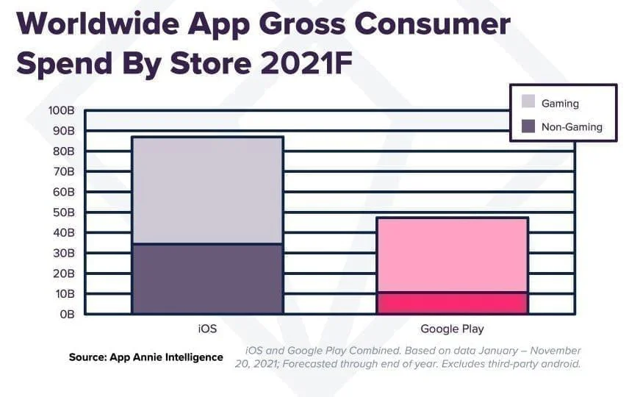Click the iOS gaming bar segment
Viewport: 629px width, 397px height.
[x=207, y=190]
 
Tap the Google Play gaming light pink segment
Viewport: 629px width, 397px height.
[x=452, y=255]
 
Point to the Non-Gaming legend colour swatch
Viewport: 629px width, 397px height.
[x=528, y=126]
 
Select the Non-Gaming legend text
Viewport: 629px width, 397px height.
[x=572, y=127]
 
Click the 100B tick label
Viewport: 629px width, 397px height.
[x=62, y=111]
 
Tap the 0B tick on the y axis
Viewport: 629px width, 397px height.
[x=66, y=314]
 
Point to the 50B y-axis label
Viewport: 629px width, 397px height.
[x=64, y=212]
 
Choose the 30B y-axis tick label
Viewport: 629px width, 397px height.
[x=64, y=253]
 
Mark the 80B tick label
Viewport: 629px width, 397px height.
[x=64, y=151]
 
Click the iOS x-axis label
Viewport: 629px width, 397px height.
[x=207, y=329]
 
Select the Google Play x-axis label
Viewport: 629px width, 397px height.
[x=452, y=329]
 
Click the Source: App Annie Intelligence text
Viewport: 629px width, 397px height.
[x=145, y=357]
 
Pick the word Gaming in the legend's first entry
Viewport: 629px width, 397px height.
[x=560, y=104]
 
